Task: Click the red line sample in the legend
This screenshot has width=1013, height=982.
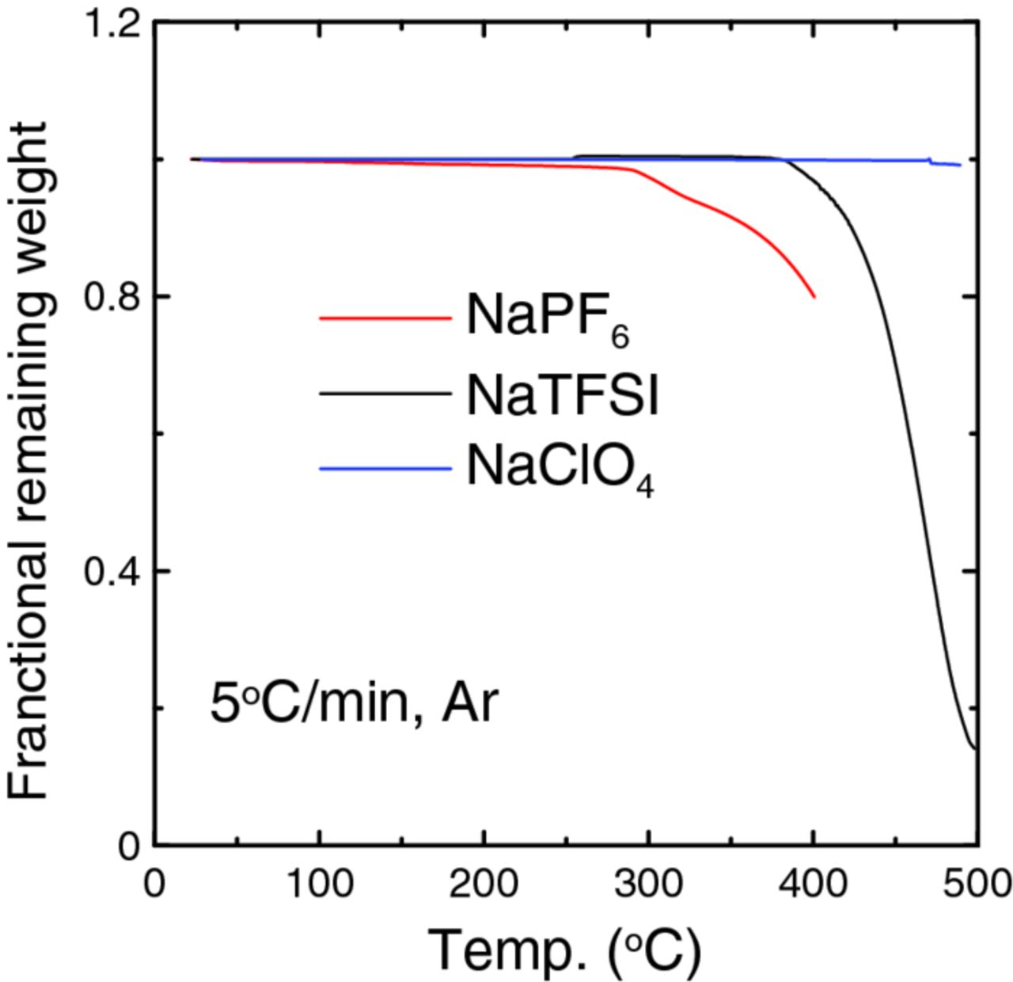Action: point(385,318)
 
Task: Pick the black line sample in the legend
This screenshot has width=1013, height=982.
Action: point(385,392)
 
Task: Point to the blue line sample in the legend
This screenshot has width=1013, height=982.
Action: point(385,469)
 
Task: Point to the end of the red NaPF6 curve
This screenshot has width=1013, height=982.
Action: point(814,297)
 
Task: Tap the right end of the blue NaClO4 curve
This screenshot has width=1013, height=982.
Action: point(960,165)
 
